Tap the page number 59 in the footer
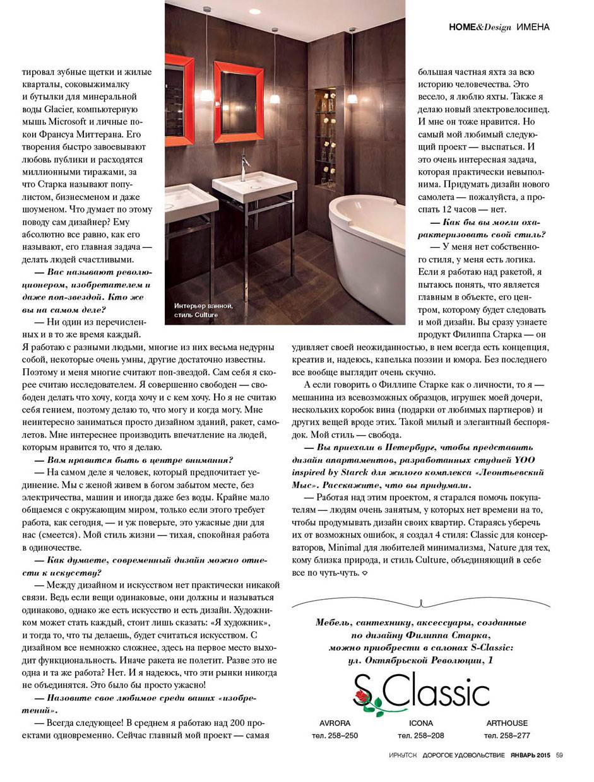point(559,757)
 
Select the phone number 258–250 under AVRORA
point(335,736)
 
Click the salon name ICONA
point(421,723)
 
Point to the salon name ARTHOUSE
point(507,723)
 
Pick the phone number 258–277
point(507,736)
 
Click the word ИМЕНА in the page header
point(532,27)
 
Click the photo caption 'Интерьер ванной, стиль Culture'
point(203,310)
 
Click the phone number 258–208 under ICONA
point(421,736)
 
